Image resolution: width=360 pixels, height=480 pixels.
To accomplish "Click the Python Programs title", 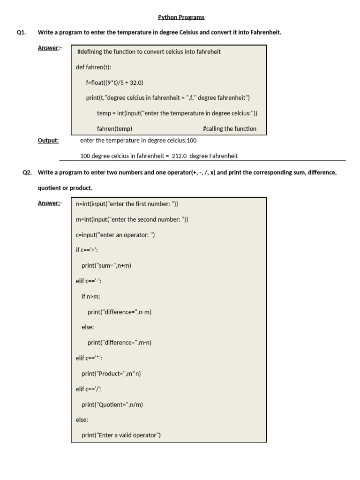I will pyautogui.click(x=181, y=18).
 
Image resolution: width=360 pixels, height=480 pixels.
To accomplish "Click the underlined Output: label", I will pyautogui.click(x=48, y=140).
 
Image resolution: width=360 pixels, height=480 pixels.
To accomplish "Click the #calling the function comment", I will pyautogui.click(x=230, y=128).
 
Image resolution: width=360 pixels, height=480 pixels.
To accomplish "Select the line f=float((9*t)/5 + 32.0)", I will pyautogui.click(x=115, y=82).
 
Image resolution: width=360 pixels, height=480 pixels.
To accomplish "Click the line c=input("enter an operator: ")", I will pyautogui.click(x=115, y=235).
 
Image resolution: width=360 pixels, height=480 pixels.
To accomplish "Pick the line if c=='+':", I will pyautogui.click(x=87, y=250).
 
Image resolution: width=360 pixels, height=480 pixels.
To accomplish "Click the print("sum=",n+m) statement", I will pyautogui.click(x=106, y=265).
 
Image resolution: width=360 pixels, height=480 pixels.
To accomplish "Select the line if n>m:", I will pyautogui.click(x=91, y=296).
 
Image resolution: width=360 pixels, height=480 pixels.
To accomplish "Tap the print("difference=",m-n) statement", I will pyautogui.click(x=120, y=343).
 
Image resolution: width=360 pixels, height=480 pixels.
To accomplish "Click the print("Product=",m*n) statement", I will pyautogui.click(x=111, y=374).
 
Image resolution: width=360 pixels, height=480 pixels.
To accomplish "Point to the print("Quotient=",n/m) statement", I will pyautogui.click(x=112, y=405).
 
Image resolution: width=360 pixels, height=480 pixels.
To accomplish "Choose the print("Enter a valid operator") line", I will pyautogui.click(x=121, y=435).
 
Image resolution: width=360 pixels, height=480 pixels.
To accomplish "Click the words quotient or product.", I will pyautogui.click(x=65, y=188).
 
